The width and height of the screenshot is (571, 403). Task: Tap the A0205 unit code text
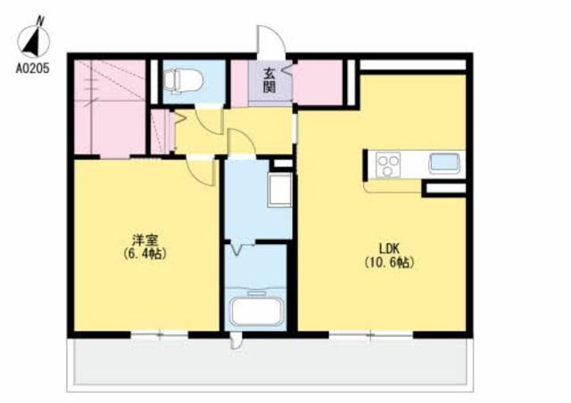[x=32, y=69]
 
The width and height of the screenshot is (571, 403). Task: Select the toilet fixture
[x=182, y=80]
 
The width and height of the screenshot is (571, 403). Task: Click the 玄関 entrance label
[x=269, y=80]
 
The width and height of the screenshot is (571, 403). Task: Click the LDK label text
[x=390, y=249]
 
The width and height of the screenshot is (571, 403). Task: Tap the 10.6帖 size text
[x=390, y=262]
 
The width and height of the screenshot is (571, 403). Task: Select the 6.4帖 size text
[x=145, y=253]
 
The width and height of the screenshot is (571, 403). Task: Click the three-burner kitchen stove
[x=388, y=165]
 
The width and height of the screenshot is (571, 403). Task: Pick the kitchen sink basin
[x=444, y=163]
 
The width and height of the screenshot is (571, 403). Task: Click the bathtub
[x=257, y=312]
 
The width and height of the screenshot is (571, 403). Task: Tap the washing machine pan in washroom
[x=279, y=190]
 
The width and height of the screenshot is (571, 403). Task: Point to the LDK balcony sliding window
[x=371, y=335]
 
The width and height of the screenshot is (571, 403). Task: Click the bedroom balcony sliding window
[x=160, y=335]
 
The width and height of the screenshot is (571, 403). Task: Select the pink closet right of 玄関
[x=318, y=82]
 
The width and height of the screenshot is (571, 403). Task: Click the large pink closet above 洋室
[x=110, y=107]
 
